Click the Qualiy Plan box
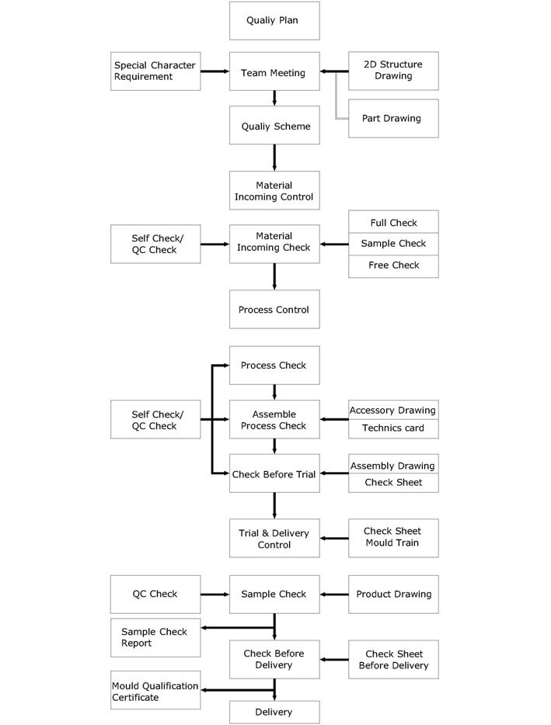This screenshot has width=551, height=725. pyautogui.click(x=274, y=21)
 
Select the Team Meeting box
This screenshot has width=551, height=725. pyautogui.click(x=274, y=73)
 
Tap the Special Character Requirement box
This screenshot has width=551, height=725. pyautogui.click(x=155, y=71)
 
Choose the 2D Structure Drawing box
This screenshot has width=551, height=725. pyautogui.click(x=393, y=71)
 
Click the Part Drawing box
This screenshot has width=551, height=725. pyautogui.click(x=393, y=119)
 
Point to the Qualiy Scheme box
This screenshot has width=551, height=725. pyautogui.click(x=274, y=126)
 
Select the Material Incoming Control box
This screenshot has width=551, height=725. pyautogui.click(x=274, y=191)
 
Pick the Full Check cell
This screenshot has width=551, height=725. pyautogui.click(x=393, y=222)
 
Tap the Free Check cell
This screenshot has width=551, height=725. pyautogui.click(x=393, y=265)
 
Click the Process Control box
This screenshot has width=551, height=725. pyautogui.click(x=274, y=310)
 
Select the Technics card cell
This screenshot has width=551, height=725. pyautogui.click(x=393, y=428)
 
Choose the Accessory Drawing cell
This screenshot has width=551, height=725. pyautogui.click(x=393, y=410)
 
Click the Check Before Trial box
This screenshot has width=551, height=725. pyautogui.click(x=274, y=474)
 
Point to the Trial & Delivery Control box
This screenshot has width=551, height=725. pyautogui.click(x=274, y=539)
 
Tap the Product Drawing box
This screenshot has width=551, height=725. pyautogui.click(x=393, y=594)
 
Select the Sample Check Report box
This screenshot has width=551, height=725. pyautogui.click(x=155, y=637)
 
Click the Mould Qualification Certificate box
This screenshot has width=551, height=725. pyautogui.click(x=155, y=691)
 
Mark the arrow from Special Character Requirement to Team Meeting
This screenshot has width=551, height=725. pyautogui.click(x=214, y=71)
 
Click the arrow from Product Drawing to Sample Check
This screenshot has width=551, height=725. pyautogui.click(x=334, y=595)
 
